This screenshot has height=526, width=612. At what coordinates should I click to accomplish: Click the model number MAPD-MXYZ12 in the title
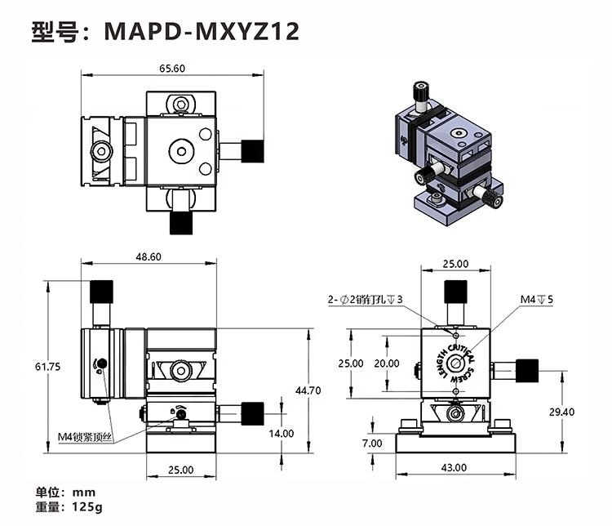tap(202, 31)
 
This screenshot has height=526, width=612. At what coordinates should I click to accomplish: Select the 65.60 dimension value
tap(172, 69)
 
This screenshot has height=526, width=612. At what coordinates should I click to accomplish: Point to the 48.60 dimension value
tap(149, 256)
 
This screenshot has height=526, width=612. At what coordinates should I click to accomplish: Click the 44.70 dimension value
tap(308, 390)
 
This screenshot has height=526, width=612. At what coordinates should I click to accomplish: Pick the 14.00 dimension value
tap(282, 434)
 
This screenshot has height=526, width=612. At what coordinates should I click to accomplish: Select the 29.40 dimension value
tap(561, 412)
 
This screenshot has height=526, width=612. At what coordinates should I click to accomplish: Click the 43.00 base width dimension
tap(455, 467)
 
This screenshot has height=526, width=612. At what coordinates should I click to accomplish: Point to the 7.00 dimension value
tap(372, 444)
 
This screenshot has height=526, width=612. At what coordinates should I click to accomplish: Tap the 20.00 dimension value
tap(387, 363)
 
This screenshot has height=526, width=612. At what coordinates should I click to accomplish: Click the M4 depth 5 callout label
tap(537, 300)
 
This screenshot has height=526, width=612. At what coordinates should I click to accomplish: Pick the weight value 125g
tap(87, 507)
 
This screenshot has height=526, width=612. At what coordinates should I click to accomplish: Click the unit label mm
tap(84, 493)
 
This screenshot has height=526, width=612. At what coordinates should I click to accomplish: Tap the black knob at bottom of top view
tap(180, 222)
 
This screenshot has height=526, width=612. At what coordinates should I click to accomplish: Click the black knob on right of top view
tap(254, 150)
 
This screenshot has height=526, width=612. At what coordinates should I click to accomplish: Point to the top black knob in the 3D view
tap(421, 89)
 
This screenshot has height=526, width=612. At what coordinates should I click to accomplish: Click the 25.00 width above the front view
tap(455, 263)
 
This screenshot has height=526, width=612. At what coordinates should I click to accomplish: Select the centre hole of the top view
tap(180, 150)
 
